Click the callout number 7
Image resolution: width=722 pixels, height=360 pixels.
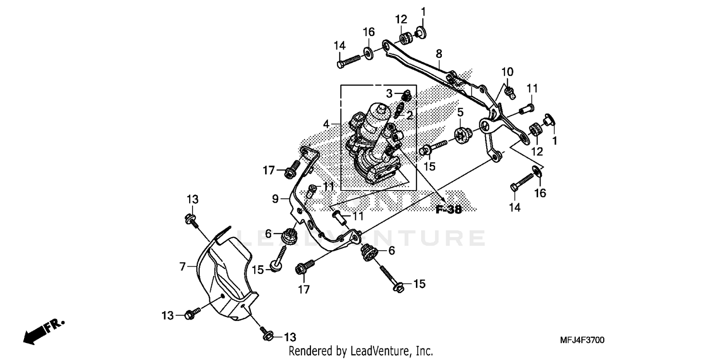(x=182, y=266)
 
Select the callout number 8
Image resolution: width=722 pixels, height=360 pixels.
(x=439, y=53)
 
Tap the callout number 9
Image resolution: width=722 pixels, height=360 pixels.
(x=275, y=198)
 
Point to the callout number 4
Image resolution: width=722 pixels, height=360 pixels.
(x=326, y=124)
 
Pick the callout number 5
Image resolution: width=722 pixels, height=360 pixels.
(x=461, y=113)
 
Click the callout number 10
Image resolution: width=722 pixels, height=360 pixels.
(x=507, y=72)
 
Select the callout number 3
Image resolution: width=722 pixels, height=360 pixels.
(x=390, y=93)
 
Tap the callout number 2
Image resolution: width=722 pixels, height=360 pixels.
(x=410, y=115)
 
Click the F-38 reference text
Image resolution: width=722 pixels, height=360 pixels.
(x=448, y=209)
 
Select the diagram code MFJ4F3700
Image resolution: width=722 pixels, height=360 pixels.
(x=582, y=340)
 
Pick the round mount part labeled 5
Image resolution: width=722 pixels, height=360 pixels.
(x=463, y=135)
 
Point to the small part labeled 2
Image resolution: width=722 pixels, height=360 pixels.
(x=398, y=110)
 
